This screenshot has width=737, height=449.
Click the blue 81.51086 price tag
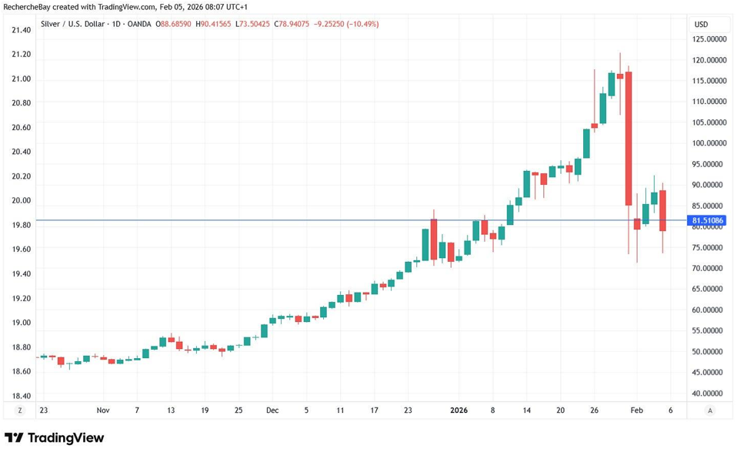pos(708,221)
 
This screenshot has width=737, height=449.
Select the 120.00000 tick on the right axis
pos(709,60)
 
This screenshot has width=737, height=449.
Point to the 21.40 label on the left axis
pos(22,30)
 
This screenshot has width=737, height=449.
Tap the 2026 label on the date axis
pos(459,410)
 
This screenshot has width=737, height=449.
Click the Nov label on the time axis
pos(103,410)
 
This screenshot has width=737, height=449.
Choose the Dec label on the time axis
pos(272,410)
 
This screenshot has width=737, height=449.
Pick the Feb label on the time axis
pos(637,410)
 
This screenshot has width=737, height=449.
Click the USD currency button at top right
pos(701,25)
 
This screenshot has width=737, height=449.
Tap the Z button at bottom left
pos(20,410)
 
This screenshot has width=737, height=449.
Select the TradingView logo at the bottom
pos(55,437)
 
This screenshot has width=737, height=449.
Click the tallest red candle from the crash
pos(629,138)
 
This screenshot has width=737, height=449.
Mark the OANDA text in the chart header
pos(141,24)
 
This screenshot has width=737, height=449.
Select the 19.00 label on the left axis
pos(22,323)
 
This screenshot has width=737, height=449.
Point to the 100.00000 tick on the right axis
pos(709,143)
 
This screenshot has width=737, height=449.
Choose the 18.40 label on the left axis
pos(22,396)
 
